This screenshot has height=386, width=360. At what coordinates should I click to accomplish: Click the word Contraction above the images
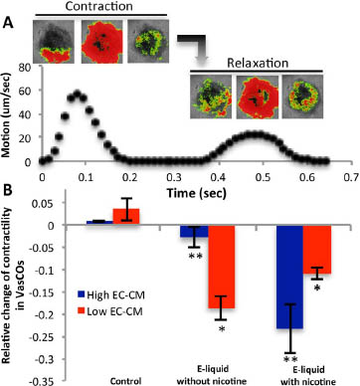(99, 6)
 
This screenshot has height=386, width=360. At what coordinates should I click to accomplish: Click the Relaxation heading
(258, 63)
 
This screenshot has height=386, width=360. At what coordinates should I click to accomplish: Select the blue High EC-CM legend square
(81, 294)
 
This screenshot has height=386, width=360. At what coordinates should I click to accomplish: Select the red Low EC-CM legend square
(81, 311)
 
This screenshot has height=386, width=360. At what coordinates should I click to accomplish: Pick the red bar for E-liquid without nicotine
(222, 267)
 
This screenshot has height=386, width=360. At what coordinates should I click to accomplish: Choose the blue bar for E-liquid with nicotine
(290, 277)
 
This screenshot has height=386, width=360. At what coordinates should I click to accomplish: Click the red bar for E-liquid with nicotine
(317, 250)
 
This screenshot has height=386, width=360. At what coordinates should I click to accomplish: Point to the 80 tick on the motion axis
(25, 68)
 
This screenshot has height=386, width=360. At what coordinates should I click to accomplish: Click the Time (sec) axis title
(197, 192)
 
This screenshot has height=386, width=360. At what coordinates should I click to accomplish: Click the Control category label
(125, 381)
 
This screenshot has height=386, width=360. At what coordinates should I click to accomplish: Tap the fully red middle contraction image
(101, 42)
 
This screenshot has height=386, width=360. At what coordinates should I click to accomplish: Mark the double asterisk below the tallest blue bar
(290, 359)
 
